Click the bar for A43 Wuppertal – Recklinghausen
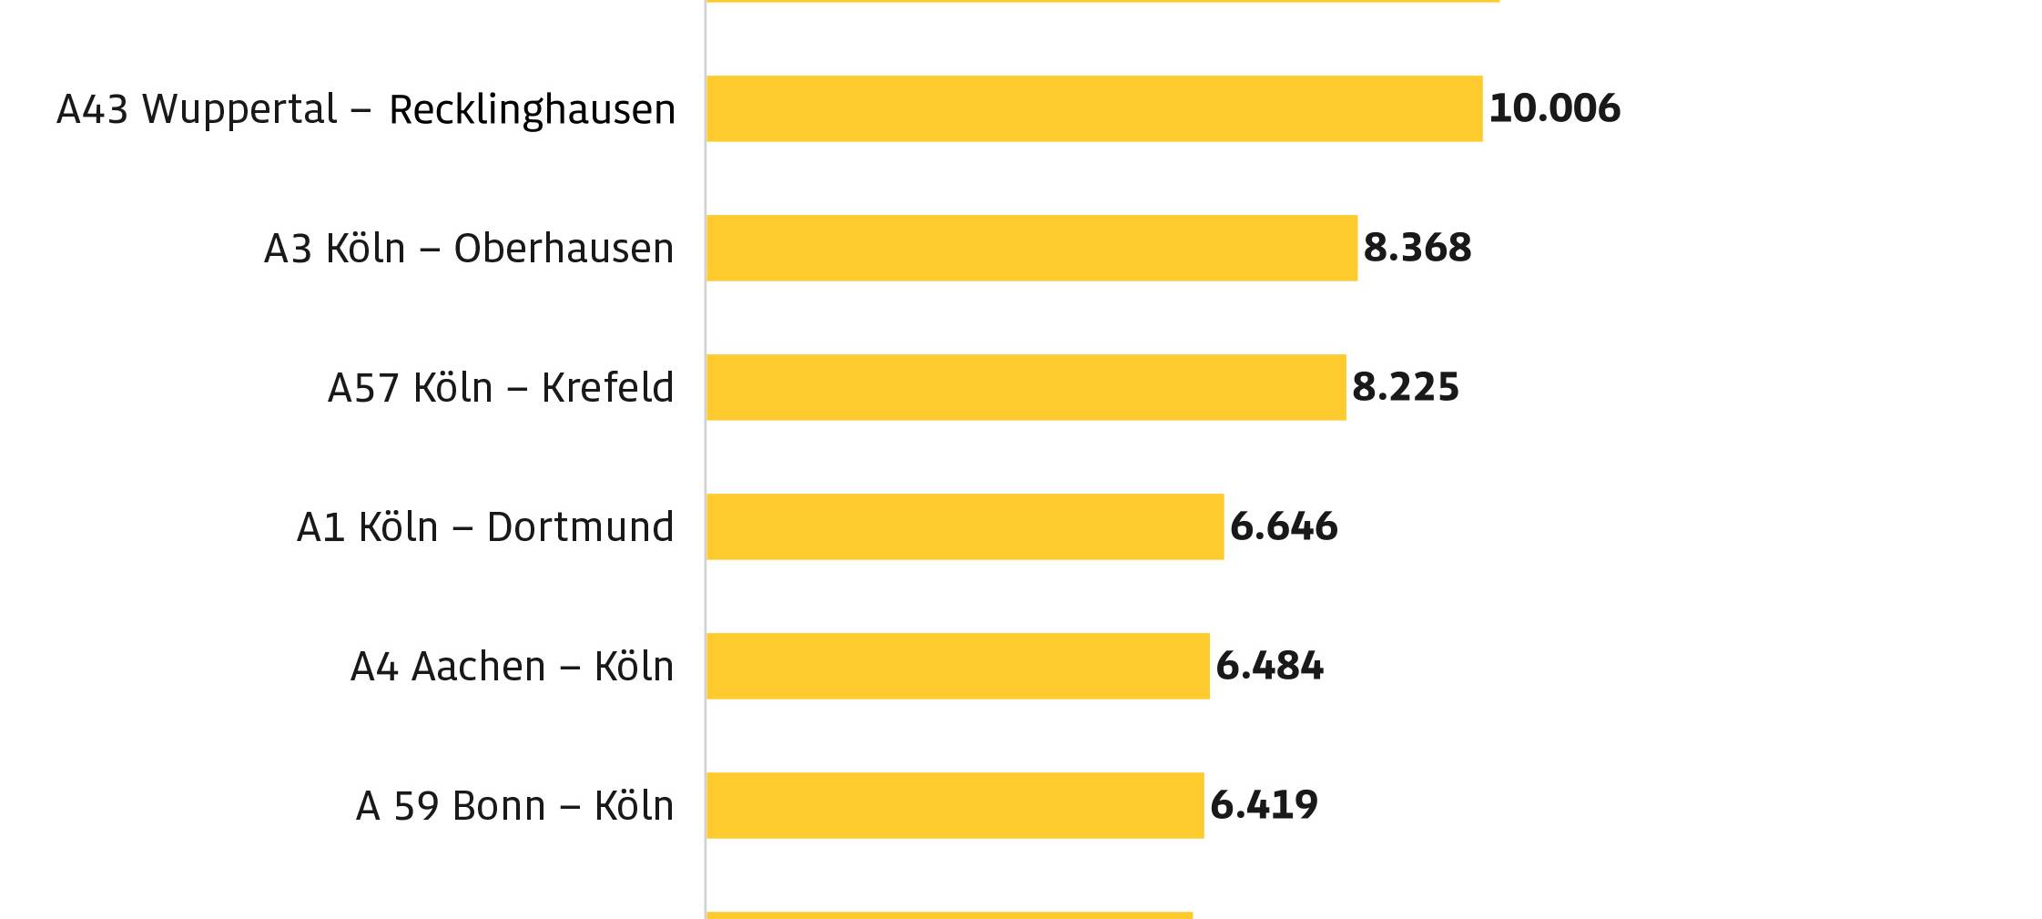point(1093,108)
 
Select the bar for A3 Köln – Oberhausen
point(1031,248)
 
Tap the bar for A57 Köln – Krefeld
point(1026,387)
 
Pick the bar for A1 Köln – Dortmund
point(965,526)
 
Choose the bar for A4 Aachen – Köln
point(958,666)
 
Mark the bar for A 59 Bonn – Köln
point(955,805)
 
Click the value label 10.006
point(1554,108)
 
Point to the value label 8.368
point(1417,248)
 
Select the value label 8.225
point(1405,387)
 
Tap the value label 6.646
point(1283,526)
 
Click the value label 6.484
point(1269,666)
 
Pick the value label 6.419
point(1264,805)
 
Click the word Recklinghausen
point(532,110)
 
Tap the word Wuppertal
point(239,109)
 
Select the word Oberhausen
point(564,249)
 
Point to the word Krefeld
point(607,388)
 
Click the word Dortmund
point(580,527)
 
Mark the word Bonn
point(498,806)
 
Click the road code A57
point(363,388)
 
